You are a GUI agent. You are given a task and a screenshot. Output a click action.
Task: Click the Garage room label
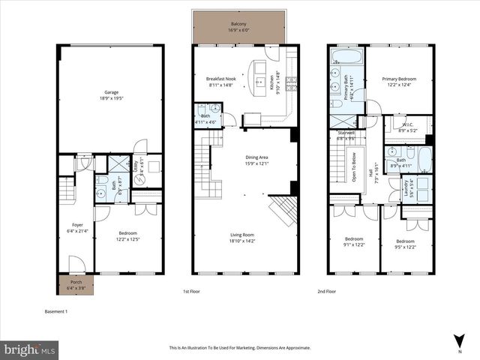tap(111, 93)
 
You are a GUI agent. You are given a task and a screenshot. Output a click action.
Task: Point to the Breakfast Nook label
tap(221, 78)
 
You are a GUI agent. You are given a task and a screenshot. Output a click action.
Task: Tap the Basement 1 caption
tap(57, 310)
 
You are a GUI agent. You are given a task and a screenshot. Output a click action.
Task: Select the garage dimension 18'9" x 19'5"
tap(111, 98)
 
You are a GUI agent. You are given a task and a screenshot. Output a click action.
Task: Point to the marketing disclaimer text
tap(240, 348)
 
